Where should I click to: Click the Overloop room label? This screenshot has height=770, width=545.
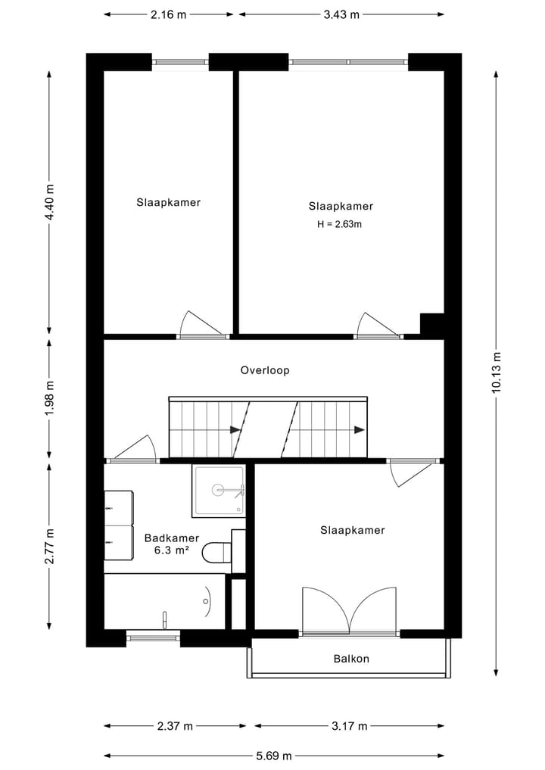pyautogui.click(x=265, y=370)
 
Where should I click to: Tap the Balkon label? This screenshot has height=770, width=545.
pyautogui.click(x=351, y=659)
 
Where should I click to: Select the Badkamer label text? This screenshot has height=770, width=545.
pyautogui.click(x=172, y=538)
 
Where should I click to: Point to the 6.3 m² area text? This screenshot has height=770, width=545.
pyautogui.click(x=172, y=550)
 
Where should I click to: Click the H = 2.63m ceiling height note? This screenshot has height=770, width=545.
pyautogui.click(x=340, y=224)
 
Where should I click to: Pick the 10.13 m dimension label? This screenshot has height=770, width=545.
pyautogui.click(x=497, y=373)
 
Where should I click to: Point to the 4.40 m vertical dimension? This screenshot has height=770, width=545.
pyautogui.click(x=50, y=202)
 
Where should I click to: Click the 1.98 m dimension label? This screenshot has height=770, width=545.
pyautogui.click(x=50, y=398)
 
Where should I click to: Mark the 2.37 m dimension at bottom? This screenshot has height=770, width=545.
pyautogui.click(x=175, y=725)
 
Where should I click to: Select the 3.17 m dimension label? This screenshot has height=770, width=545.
pyautogui.click(x=349, y=725)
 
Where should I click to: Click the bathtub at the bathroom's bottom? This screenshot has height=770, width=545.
pyautogui.click(x=164, y=601)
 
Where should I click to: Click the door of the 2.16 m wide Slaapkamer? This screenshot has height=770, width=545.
pyautogui.click(x=201, y=326)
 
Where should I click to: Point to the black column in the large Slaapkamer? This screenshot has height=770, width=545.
pyautogui.click(x=432, y=323)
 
